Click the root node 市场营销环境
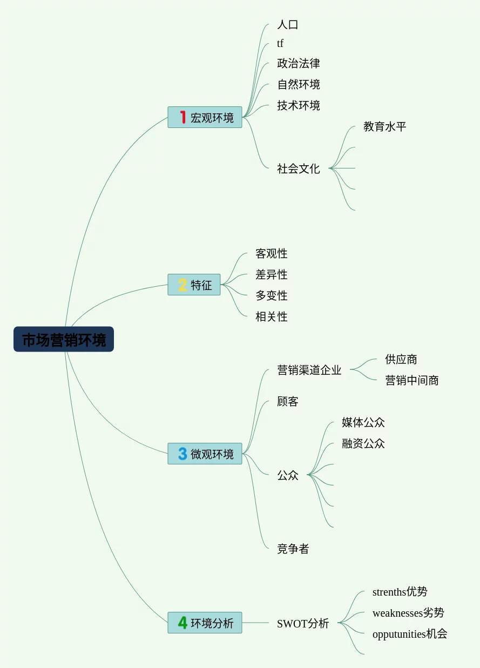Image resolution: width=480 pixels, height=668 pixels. tap(64, 339)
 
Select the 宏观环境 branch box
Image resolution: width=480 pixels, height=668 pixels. tap(205, 117)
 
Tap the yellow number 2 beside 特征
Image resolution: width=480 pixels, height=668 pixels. tap(182, 285)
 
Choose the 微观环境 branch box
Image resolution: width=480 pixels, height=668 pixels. tap(205, 454)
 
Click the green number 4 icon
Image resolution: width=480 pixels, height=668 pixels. tap(182, 623)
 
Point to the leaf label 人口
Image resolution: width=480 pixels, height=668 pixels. tap(287, 24)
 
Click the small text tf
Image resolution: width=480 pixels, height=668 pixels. tap(280, 44)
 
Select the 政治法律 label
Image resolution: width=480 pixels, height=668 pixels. tap(298, 63)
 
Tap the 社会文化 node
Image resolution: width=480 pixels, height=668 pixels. tap(298, 168)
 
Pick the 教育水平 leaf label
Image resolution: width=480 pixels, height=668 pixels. tap(384, 126)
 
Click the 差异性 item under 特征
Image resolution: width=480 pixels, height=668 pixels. tap(271, 274)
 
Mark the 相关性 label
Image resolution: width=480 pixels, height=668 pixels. tap(271, 316)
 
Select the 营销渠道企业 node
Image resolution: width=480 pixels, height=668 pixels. tap(309, 370)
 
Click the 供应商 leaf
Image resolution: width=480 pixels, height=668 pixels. tap(401, 359)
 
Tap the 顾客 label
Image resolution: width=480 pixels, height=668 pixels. tap(287, 401)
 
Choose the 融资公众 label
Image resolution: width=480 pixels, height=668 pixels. tap(363, 443)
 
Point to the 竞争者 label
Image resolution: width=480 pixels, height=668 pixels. tap(293, 549)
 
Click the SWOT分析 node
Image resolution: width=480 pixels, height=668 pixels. tap(302, 623)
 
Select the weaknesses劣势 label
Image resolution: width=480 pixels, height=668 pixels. tap(408, 613)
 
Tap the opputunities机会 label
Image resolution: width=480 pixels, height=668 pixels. tap(410, 634)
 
